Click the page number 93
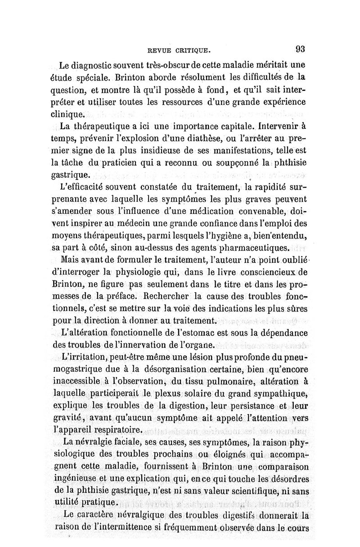301,49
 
